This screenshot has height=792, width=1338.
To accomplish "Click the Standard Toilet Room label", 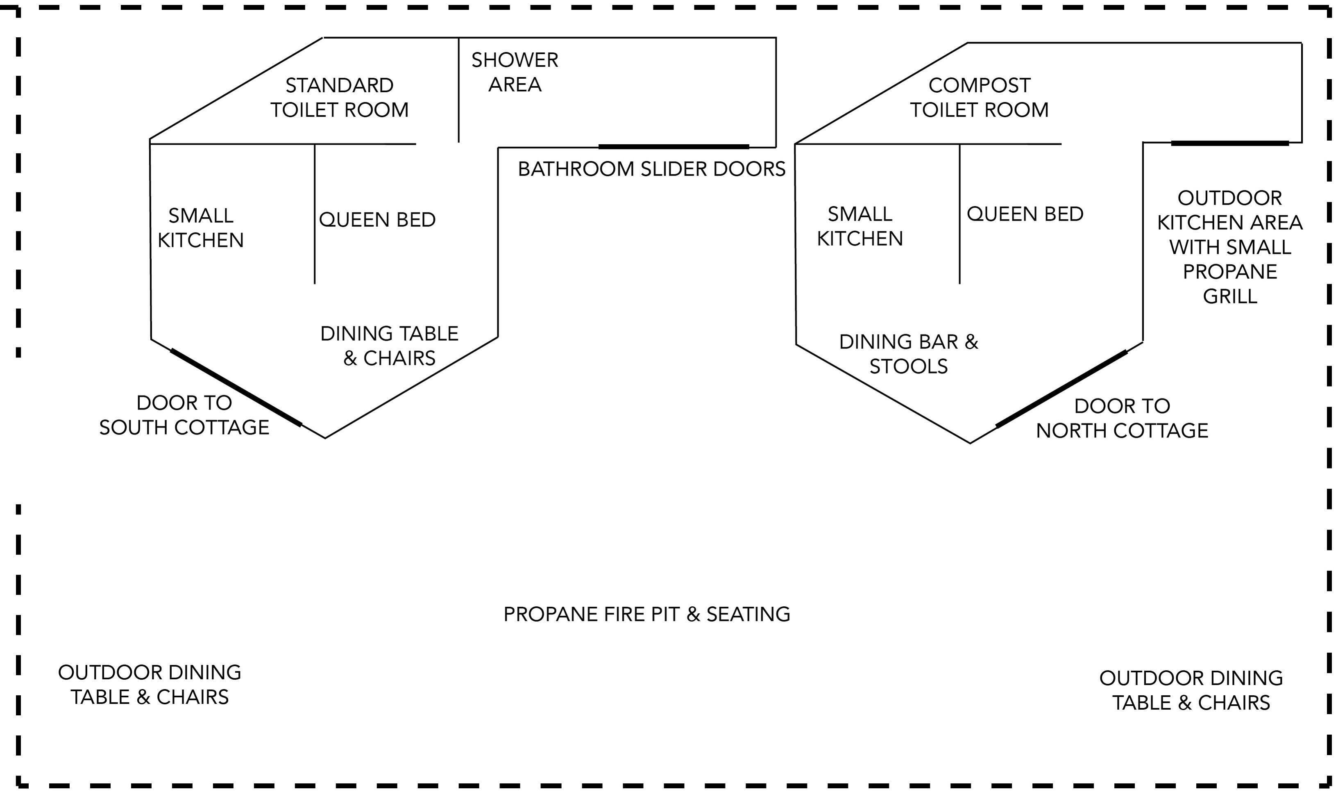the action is point(339,98).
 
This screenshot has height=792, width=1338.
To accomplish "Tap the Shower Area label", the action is point(515,72).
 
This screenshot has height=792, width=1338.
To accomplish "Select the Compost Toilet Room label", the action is point(979,98).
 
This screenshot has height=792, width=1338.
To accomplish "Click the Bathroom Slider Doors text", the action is point(652,169).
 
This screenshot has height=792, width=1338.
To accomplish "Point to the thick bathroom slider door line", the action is point(674,147).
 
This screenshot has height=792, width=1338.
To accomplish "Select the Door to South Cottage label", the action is point(184,415).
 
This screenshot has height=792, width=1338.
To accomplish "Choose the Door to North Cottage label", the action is point(1122,419).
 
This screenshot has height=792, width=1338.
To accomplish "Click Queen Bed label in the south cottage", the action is point(377,220).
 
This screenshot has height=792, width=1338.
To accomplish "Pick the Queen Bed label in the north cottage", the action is point(1025,214).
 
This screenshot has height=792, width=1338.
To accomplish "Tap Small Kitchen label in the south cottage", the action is point(200,228).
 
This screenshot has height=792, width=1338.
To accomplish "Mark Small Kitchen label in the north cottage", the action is point(859,226).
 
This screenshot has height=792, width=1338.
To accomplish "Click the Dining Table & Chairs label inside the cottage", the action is point(389,346).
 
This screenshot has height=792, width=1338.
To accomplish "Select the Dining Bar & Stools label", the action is point(909,354).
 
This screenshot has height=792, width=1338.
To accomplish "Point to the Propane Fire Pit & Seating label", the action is point(647,614).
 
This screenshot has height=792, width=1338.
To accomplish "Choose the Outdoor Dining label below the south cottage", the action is point(150,685).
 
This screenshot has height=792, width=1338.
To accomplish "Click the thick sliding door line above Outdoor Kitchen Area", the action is point(1230,143).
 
